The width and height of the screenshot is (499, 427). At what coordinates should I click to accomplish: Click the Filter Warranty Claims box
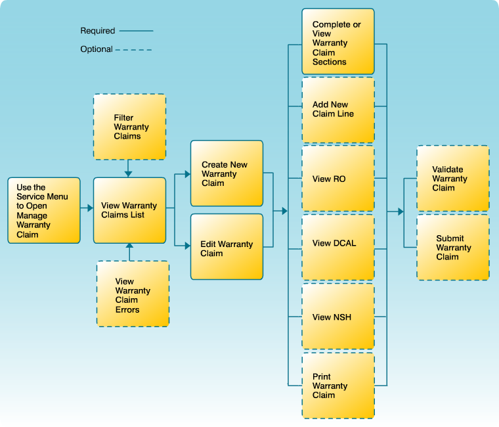pyautogui.click(x=129, y=127)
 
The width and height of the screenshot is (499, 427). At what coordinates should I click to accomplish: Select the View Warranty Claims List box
pyautogui.click(x=129, y=210)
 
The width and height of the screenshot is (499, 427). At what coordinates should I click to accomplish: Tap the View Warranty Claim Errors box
pyautogui.click(x=133, y=294)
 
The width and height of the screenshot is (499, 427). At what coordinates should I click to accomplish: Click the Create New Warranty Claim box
pyautogui.click(x=227, y=173)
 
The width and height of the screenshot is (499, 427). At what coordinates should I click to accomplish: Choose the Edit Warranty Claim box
pyautogui.click(x=227, y=247)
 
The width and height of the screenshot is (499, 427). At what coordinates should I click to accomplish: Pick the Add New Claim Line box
pyautogui.click(x=338, y=110)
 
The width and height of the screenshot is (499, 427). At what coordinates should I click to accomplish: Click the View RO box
pyautogui.click(x=338, y=179)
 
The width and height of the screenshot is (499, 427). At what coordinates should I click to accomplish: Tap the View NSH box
pyautogui.click(x=338, y=317)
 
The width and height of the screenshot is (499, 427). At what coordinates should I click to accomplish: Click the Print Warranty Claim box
pyautogui.click(x=338, y=386)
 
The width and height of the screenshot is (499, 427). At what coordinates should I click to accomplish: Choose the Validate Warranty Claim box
pyautogui.click(x=453, y=179)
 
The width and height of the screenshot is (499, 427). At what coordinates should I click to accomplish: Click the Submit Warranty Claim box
pyautogui.click(x=453, y=248)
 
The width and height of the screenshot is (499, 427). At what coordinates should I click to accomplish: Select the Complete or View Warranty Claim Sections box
pyautogui.click(x=338, y=41)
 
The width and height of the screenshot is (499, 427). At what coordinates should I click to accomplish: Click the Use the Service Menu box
pyautogui.click(x=44, y=210)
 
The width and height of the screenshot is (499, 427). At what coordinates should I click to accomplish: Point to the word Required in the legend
pyautogui.click(x=98, y=31)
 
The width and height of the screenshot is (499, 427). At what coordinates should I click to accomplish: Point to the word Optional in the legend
pyautogui.click(x=97, y=49)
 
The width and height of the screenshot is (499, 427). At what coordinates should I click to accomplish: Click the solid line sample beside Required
pyautogui.click(x=136, y=31)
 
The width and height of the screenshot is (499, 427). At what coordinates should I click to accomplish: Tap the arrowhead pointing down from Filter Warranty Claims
pyautogui.click(x=129, y=173)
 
